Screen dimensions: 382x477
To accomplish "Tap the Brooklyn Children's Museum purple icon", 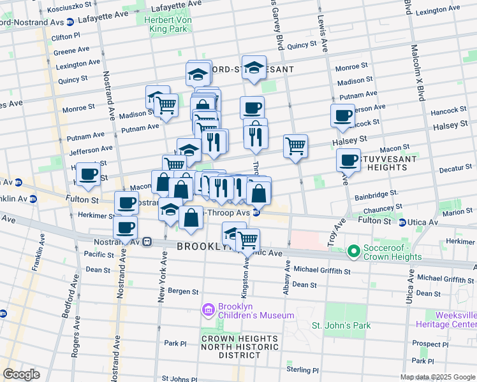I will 207,310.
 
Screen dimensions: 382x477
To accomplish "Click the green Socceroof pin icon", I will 353,253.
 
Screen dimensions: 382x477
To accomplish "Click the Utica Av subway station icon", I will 402,222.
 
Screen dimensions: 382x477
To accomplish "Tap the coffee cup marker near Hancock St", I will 342,116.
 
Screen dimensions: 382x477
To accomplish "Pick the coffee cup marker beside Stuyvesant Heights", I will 348,160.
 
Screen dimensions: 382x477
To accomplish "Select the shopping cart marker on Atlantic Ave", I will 247,240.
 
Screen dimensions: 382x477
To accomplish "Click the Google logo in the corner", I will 21,374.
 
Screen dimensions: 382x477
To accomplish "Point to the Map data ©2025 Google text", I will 436,377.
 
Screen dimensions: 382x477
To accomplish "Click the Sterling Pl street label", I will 302,370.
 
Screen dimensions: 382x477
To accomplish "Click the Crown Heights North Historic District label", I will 239,347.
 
